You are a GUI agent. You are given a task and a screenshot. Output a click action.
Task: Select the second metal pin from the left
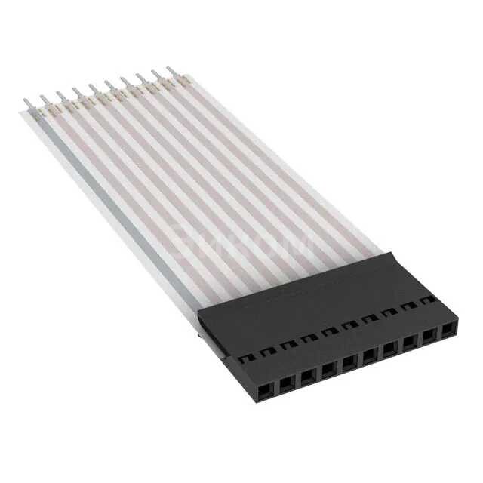43,97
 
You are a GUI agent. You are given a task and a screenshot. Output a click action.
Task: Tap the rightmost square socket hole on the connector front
450,331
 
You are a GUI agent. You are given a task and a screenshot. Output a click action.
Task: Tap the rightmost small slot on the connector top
429,300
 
